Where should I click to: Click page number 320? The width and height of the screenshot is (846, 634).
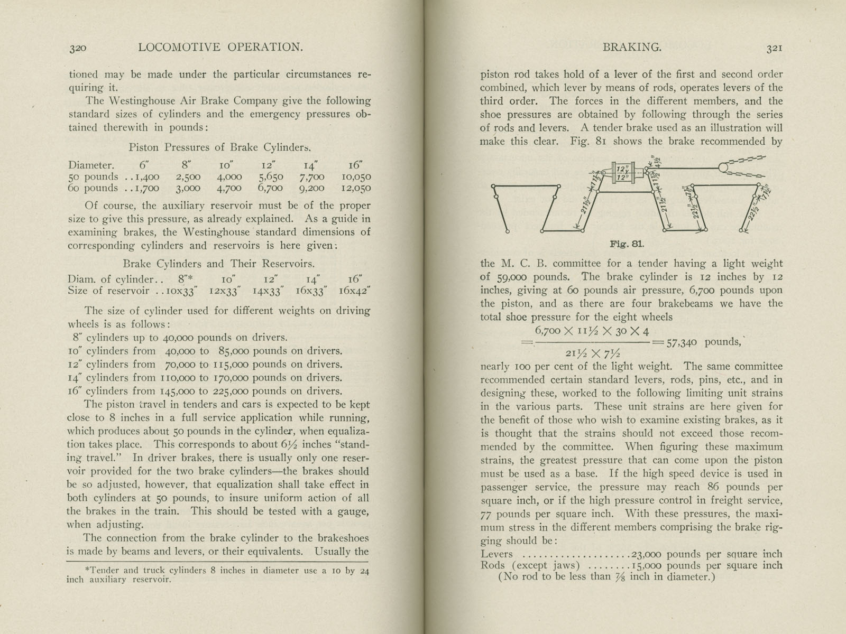tap(77, 48)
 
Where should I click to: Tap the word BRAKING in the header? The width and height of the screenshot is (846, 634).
tap(632, 48)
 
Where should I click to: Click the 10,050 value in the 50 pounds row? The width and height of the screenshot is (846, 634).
tap(356, 177)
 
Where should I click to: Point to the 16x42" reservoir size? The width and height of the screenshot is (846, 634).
tap(354, 291)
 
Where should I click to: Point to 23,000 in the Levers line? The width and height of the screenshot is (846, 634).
tap(646, 554)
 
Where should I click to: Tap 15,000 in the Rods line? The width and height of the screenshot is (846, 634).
tap(646, 565)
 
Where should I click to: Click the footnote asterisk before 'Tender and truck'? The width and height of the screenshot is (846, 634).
tap(87, 571)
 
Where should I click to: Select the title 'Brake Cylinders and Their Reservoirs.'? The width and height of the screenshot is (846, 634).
tap(218, 264)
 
